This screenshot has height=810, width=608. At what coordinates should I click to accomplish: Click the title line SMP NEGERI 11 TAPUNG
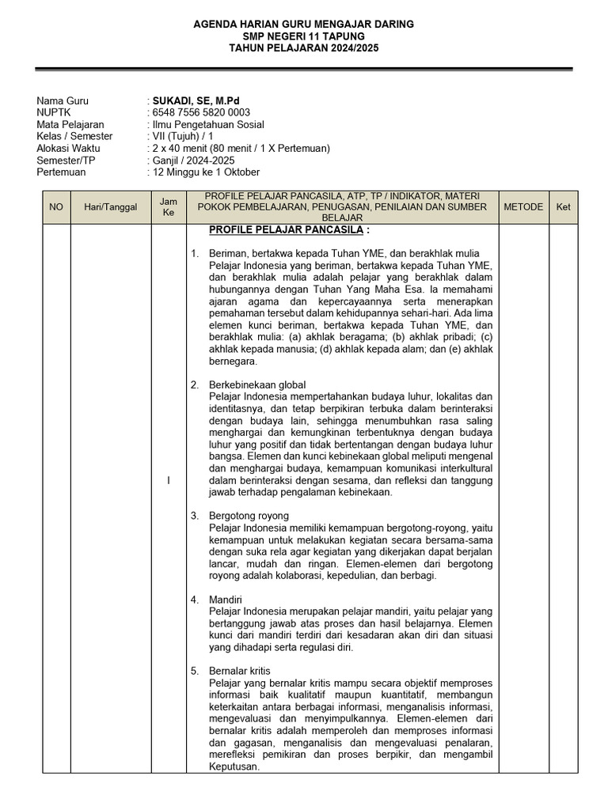pyautogui.click(x=304, y=36)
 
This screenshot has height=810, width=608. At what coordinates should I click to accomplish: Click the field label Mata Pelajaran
pyautogui.click(x=70, y=125)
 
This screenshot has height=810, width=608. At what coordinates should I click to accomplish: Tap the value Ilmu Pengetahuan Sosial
pyautogui.click(x=208, y=125)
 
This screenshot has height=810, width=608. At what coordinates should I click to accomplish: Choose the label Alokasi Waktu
pyautogui.click(x=66, y=149)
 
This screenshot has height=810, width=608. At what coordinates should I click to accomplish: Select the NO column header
pyautogui.click(x=56, y=207)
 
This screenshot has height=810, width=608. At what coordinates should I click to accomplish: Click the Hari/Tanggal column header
pyautogui.click(x=111, y=207)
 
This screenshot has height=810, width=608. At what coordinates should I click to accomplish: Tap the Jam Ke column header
pyautogui.click(x=169, y=207)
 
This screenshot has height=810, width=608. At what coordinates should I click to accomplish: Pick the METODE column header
pyautogui.click(x=522, y=207)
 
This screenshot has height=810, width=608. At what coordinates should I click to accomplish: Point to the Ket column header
pyautogui.click(x=563, y=207)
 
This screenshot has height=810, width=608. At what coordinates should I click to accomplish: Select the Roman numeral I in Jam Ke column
pyautogui.click(x=169, y=482)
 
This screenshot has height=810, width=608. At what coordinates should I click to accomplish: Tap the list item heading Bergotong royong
pyautogui.click(x=249, y=516)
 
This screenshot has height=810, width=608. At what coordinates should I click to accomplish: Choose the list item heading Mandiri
pyautogui.click(x=226, y=600)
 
